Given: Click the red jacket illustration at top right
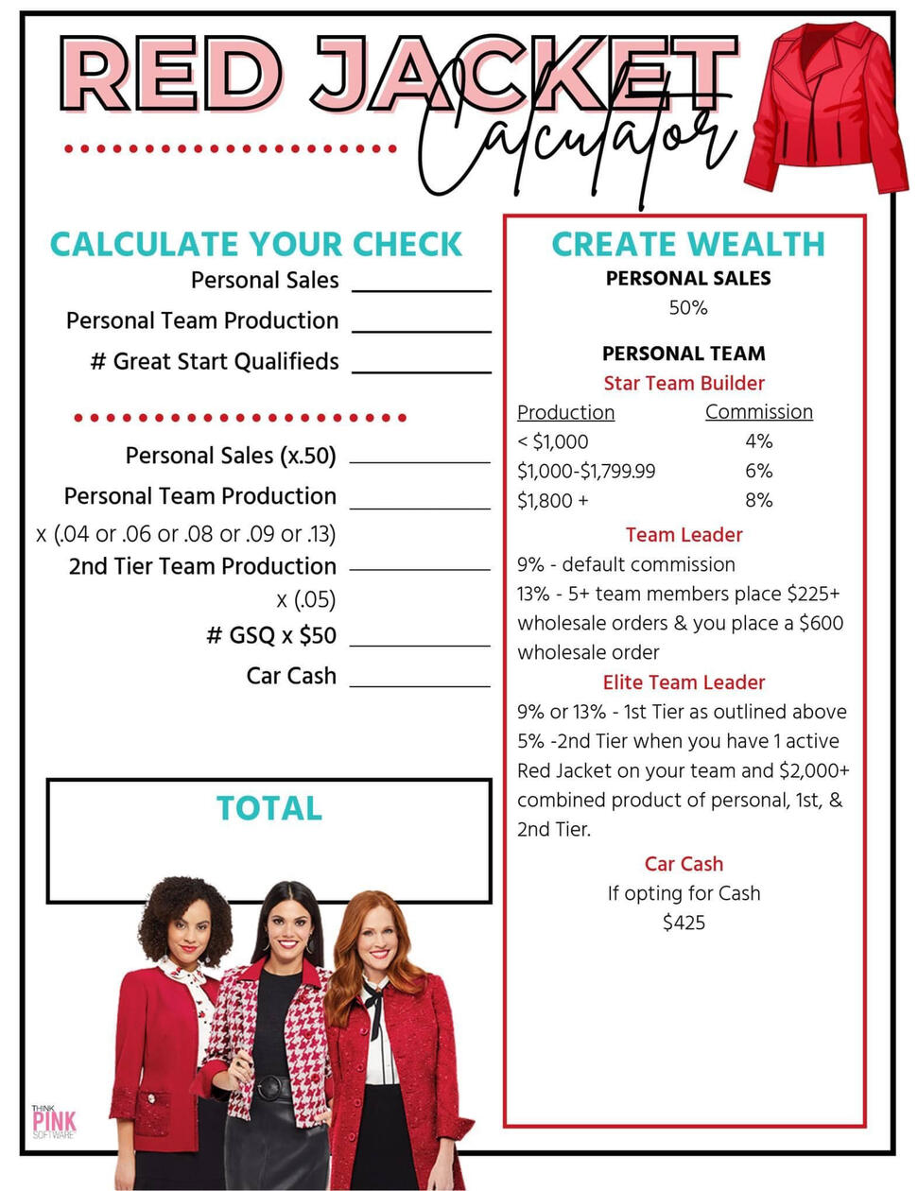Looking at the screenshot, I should tap(821, 109).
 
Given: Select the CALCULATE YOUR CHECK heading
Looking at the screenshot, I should tap(256, 244).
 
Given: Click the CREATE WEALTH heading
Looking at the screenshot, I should tap(687, 244).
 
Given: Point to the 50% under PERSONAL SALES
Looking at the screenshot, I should tap(687, 308).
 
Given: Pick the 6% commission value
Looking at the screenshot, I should tap(758, 471).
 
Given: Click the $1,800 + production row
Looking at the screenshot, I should tap(552, 500).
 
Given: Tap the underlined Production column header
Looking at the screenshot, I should tap(565, 412).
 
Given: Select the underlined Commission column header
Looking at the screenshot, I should tap(758, 412).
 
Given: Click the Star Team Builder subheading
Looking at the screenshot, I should tap(684, 383).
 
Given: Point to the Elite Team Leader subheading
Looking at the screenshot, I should tap(684, 682).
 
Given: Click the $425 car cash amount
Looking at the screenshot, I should tap(684, 923).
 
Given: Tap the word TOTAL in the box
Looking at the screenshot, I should tap(269, 808).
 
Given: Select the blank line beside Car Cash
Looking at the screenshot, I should tap(420, 682).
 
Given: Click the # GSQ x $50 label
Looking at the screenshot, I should tap(271, 635).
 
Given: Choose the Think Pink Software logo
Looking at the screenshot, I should tap(53, 1121).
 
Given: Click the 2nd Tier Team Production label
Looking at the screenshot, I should tap(202, 566).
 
